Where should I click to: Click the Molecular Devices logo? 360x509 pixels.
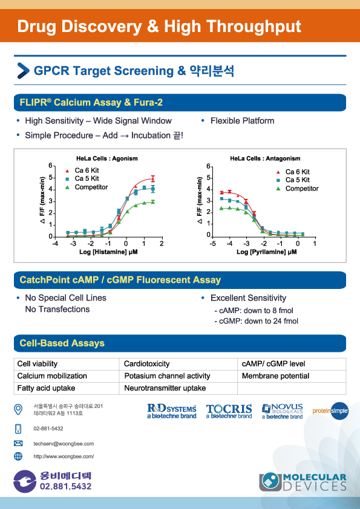tap(303, 482)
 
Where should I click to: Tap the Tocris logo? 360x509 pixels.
tap(229, 411)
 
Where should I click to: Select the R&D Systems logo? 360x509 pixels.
tap(172, 411)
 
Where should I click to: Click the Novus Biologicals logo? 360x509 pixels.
tap(283, 411)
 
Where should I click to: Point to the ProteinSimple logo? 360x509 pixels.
tap(330, 411)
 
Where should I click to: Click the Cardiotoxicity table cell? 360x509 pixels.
tap(178, 364)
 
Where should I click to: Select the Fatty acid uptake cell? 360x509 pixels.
tap(67, 388)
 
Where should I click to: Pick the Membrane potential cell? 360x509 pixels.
tap(292, 376)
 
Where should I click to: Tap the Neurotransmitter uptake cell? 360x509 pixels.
tap(178, 388)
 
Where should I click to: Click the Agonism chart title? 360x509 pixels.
tap(107, 158)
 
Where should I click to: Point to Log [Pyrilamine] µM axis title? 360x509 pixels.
tap(266, 252)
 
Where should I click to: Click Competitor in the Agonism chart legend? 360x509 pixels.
tap(91, 187)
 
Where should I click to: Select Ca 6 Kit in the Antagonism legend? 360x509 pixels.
tap(297, 172)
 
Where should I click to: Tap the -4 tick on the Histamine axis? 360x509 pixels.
tap(55, 244)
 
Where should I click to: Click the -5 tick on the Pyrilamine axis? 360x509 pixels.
tap(213, 244)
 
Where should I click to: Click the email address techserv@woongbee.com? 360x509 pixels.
tap(64, 444)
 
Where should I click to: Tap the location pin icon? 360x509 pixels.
tap(18, 410)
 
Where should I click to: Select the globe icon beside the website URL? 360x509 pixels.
tap(18, 456)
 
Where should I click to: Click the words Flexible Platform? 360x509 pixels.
tap(243, 121)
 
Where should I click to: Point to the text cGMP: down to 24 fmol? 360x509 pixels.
tap(256, 321)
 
